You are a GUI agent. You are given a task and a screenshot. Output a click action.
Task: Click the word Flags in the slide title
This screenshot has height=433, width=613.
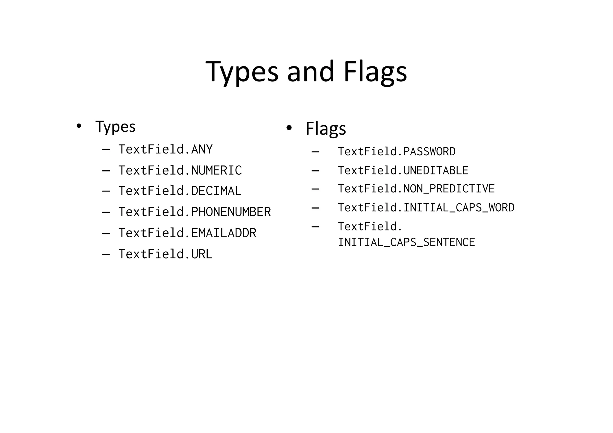coord(375,72)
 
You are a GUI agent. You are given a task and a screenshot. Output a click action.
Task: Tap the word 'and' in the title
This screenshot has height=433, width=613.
coord(310,72)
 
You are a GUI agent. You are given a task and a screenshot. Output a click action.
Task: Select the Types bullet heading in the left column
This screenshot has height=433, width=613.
coord(115,127)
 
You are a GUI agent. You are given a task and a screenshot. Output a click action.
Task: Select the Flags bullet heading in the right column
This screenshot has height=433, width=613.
coord(326,129)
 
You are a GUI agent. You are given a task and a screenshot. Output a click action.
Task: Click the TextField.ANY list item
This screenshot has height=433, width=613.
coord(166,149)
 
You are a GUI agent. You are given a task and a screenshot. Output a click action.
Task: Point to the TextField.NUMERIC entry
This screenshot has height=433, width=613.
coord(180,171)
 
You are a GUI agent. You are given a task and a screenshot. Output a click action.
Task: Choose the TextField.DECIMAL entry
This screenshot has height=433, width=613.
coord(180,191)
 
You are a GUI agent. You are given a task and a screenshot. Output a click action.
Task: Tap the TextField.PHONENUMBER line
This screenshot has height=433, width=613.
coord(195,212)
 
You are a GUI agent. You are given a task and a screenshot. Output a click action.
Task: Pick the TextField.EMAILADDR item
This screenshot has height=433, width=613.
coord(187,233)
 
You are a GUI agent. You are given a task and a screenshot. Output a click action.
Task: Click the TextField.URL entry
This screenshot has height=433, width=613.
coord(166,254)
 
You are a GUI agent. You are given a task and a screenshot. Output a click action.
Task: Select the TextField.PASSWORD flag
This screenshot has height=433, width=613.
coord(397,152)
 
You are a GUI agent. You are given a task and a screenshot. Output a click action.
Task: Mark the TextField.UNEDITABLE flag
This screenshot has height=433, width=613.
coord(403,171)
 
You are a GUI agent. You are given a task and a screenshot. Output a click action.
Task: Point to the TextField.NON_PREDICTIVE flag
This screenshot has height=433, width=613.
coord(416,189)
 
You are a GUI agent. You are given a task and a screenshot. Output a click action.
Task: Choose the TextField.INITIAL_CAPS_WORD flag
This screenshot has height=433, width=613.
coord(426,208)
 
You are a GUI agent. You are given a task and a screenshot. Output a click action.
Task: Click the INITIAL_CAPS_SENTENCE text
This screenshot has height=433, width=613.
coord(406,242)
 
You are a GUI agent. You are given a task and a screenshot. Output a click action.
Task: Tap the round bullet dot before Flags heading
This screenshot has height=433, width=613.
coord(289,128)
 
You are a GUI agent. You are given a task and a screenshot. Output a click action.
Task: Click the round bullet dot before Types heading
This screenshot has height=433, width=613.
coord(79,126)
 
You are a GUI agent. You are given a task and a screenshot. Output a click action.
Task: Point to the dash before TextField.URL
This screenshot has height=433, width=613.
coord(106,255)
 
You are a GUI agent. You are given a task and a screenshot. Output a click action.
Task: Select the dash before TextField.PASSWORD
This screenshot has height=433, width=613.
coord(315,152)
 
